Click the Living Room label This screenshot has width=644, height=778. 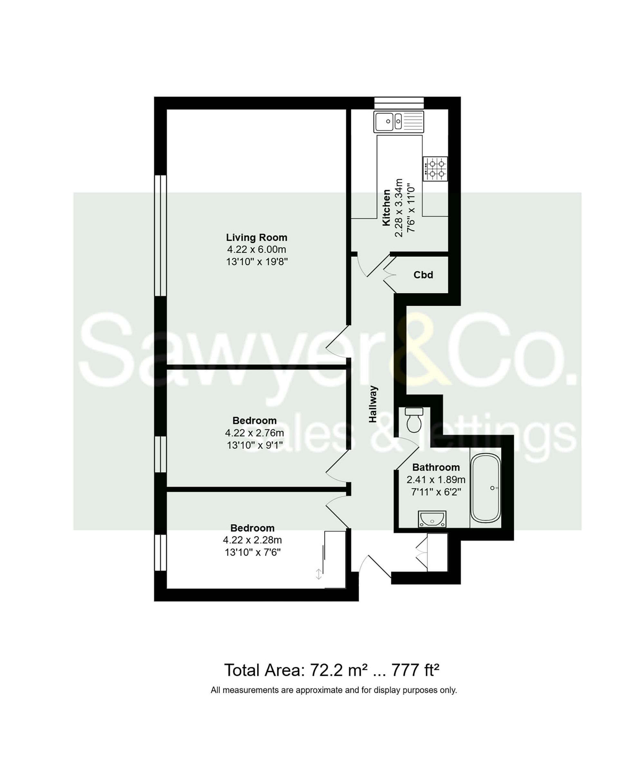(x=256, y=238)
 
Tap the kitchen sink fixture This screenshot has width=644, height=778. (x=398, y=121)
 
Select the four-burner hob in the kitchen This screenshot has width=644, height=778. (x=435, y=169)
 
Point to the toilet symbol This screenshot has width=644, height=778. (x=413, y=419)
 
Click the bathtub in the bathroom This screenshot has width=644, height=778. (x=485, y=488)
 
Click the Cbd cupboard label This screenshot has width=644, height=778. (x=423, y=275)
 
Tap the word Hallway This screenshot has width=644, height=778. (x=373, y=404)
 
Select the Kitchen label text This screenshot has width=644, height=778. (x=386, y=208)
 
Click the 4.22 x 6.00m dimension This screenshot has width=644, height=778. (x=256, y=249)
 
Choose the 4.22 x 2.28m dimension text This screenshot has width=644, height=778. (x=252, y=540)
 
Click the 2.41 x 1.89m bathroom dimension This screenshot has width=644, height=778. (x=436, y=480)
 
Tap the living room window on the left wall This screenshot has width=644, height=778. (x=160, y=236)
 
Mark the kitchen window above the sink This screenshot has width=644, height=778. (x=399, y=103)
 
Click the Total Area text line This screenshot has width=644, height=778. (x=331, y=670)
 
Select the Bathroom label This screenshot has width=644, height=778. (x=436, y=468)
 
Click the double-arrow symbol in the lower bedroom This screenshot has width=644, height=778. (x=318, y=574)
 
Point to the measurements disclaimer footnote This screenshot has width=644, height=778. (x=334, y=690)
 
